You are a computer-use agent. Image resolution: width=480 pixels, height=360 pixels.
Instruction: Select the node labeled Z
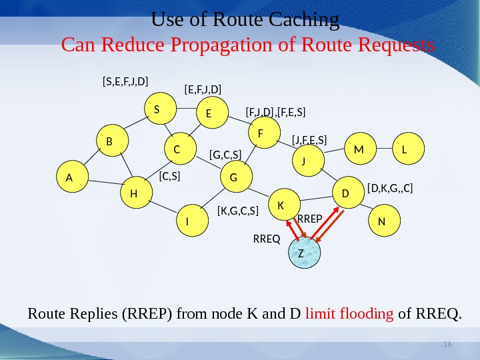[x=304, y=254]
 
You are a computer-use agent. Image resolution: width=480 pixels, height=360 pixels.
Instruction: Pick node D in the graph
[x=346, y=193]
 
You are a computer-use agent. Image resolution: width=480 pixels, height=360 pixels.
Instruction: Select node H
[x=134, y=193]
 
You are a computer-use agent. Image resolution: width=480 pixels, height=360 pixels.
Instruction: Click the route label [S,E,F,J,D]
[x=125, y=81]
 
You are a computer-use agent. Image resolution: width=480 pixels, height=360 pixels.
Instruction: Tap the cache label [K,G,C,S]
[x=237, y=211]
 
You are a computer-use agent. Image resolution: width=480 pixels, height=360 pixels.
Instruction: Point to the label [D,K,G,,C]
[x=390, y=189]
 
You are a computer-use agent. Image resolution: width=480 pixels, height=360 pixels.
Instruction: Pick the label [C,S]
[x=170, y=177]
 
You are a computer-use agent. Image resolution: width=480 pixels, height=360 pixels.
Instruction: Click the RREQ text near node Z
[x=267, y=237]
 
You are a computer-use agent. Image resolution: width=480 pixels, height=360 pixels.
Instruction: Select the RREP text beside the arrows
[x=309, y=218]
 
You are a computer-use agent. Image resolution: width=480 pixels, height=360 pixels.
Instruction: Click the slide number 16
[x=447, y=343]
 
